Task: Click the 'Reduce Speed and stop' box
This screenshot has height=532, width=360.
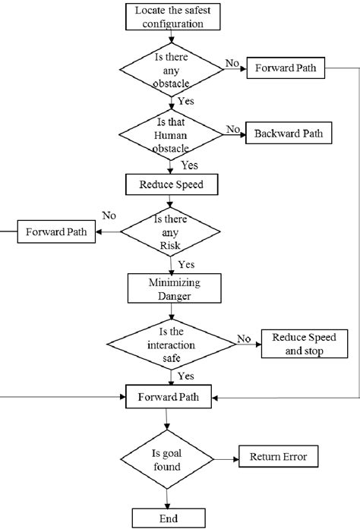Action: click(304, 344)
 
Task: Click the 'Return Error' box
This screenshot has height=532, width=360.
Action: click(278, 457)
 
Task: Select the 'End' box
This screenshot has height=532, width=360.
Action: click(169, 518)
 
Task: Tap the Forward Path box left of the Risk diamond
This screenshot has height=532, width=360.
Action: click(56, 231)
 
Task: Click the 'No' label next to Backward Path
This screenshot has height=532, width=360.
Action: click(232, 129)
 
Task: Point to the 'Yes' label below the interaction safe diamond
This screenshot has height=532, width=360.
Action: click(185, 376)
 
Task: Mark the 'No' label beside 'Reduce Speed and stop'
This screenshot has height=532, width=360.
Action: click(243, 338)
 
